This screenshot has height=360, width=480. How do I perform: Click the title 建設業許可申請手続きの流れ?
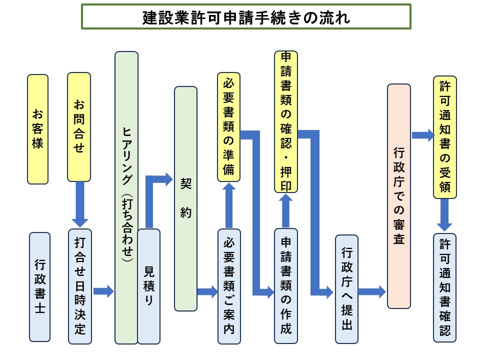coord(245,17)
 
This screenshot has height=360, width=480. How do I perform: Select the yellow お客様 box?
coord(38,129)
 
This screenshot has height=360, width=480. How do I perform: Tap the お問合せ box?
coord(79,127)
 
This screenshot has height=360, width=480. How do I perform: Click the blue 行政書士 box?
coord(39,286)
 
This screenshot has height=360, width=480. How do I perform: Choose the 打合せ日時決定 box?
coord(80,286)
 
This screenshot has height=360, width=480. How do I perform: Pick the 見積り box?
coord(149,286)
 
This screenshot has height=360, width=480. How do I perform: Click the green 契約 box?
coord(185,198)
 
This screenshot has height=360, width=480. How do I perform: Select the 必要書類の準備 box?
coord(229,127)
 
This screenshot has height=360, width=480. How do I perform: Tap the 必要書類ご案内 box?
coord(229,286)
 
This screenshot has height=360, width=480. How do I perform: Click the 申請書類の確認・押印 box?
coord(286,121)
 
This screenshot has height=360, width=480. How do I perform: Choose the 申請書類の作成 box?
coord(286,286)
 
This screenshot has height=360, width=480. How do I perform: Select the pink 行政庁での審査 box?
coord(398,196)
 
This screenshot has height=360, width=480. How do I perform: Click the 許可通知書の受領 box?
coord(445,137)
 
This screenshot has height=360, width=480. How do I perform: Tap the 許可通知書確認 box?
coord(445,287)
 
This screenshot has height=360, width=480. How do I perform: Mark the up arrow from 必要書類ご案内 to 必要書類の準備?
coord(229,204)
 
